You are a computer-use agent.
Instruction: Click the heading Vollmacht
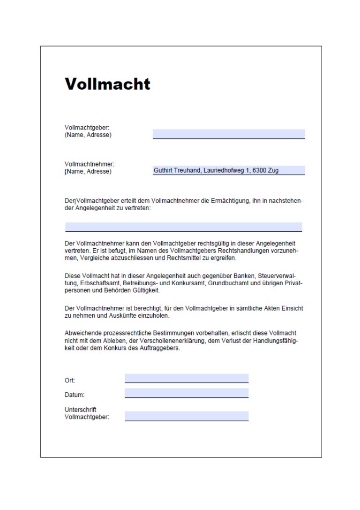pos(107,84)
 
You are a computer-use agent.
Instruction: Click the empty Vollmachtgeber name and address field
pos(228,134)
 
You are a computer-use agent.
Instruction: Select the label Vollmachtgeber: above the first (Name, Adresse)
pos(87,127)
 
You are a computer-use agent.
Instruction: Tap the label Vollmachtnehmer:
pos(89,164)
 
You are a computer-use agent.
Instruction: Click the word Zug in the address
pos(273,171)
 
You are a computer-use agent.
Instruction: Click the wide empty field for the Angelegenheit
pos(183,227)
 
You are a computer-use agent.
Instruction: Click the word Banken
pos(242,275)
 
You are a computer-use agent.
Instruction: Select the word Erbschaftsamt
pos(93,283)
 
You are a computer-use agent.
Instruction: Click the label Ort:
pos(70,381)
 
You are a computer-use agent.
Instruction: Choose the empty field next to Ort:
pos(186,378)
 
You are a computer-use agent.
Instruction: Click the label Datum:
pos(75,395)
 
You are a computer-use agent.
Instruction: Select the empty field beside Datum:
pos(186,393)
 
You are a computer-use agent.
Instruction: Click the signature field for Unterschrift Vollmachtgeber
pos(186,416)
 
